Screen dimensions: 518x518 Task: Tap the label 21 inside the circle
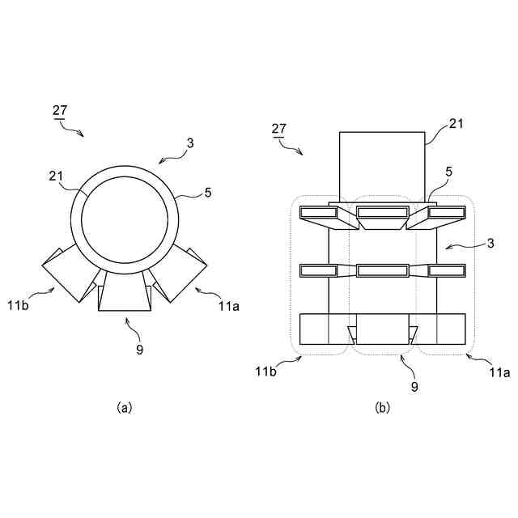coord(56,177)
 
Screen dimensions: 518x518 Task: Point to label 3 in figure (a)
coord(190,143)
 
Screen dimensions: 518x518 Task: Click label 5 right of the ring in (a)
coord(208,193)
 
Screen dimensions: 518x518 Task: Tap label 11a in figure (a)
coord(228,306)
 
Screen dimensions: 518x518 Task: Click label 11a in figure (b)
coord(500,372)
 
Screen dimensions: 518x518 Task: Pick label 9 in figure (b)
coord(414,387)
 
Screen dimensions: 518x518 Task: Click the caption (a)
coord(124,408)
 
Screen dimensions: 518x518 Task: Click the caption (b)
coord(383,408)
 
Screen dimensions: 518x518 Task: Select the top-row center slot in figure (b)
coord(384,213)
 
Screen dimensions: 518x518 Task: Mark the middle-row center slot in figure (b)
coord(383,270)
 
